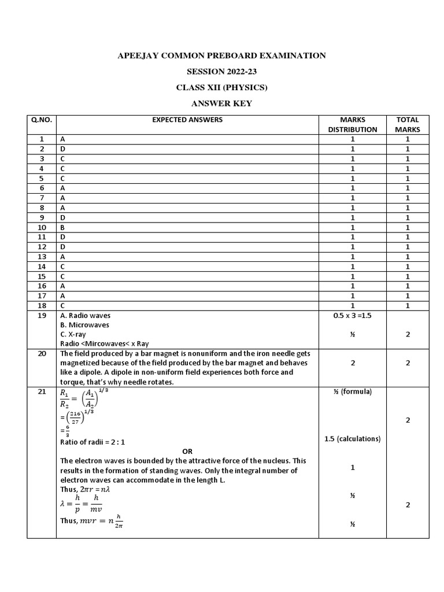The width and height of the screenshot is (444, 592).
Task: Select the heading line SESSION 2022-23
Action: pos(222,72)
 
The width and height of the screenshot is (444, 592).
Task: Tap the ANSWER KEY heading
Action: pos(222,104)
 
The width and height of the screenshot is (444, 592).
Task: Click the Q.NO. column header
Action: pos(42,120)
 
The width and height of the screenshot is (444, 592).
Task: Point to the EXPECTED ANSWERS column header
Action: pos(187,120)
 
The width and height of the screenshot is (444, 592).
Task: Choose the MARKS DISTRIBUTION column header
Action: pos(353,124)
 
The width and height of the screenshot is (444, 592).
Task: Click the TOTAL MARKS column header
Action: pos(408,124)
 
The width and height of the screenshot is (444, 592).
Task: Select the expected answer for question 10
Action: pos(62,227)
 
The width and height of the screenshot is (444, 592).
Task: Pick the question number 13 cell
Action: pos(42,257)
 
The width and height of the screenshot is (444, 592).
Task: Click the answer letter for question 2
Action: pos(62,149)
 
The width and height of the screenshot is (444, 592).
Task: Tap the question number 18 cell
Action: pos(42,305)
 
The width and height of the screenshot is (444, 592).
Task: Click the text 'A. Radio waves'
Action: pos(85,316)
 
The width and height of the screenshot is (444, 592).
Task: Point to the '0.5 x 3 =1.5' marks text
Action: pos(352,316)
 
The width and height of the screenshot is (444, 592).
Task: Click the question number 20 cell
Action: pos(42,354)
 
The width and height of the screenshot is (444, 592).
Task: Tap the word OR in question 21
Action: pos(187,451)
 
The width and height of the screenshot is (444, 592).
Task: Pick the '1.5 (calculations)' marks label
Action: pos(352,439)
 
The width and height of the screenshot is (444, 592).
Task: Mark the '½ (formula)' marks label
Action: pos(352,392)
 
